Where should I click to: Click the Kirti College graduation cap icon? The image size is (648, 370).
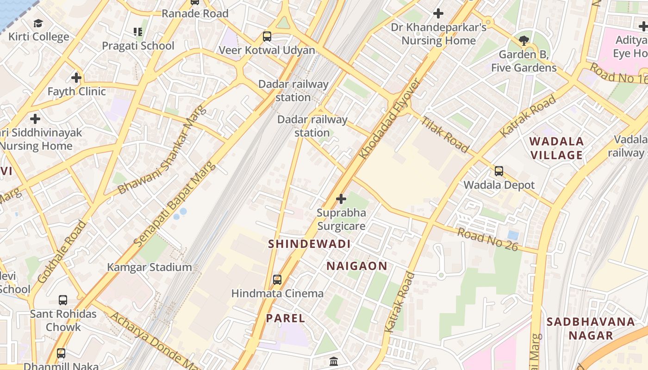click(x=38, y=23)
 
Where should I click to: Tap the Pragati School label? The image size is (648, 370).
click(x=138, y=46)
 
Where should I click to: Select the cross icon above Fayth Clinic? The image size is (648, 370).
click(x=76, y=78)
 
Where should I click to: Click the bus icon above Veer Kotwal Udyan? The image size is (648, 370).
click(x=267, y=36)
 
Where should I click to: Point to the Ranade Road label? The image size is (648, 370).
click(x=195, y=13)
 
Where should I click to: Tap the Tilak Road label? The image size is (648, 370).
click(x=444, y=135)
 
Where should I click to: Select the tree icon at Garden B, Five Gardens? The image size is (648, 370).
click(x=524, y=41)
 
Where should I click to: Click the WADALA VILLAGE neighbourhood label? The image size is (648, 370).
click(x=556, y=148)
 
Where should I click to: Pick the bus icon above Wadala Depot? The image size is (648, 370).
click(x=499, y=171)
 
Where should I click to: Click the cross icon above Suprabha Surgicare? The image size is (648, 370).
click(x=341, y=199)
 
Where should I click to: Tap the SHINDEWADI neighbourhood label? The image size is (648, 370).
click(x=309, y=244)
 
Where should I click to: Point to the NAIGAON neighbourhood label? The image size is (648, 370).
click(x=356, y=266)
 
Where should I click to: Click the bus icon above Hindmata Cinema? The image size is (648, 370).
click(x=277, y=280)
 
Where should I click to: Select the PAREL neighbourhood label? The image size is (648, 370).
click(x=285, y=318)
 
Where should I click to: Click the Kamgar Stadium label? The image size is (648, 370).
click(x=149, y=267)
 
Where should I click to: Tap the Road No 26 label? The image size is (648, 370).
click(x=487, y=239)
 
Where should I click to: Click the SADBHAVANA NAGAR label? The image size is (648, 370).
click(x=591, y=328)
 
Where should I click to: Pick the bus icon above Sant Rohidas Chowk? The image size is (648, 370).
click(x=63, y=300)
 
